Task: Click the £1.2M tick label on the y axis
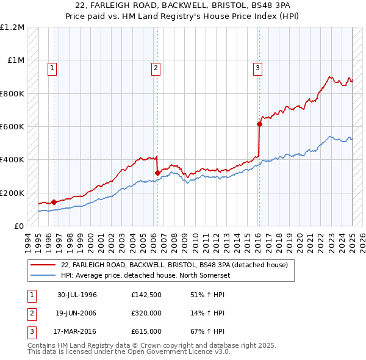(x=12, y=27)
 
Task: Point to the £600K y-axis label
(x=12, y=127)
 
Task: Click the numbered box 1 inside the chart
(x=53, y=68)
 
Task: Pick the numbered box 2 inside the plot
(x=156, y=68)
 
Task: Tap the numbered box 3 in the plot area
(x=258, y=68)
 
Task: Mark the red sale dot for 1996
(x=54, y=202)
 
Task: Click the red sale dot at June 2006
(x=157, y=173)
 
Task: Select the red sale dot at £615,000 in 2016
(x=259, y=124)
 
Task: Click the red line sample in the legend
(x=43, y=265)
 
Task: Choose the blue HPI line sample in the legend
(x=43, y=275)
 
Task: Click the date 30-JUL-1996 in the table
(x=77, y=295)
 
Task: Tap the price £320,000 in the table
(x=146, y=313)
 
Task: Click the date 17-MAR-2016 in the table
(x=77, y=331)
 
